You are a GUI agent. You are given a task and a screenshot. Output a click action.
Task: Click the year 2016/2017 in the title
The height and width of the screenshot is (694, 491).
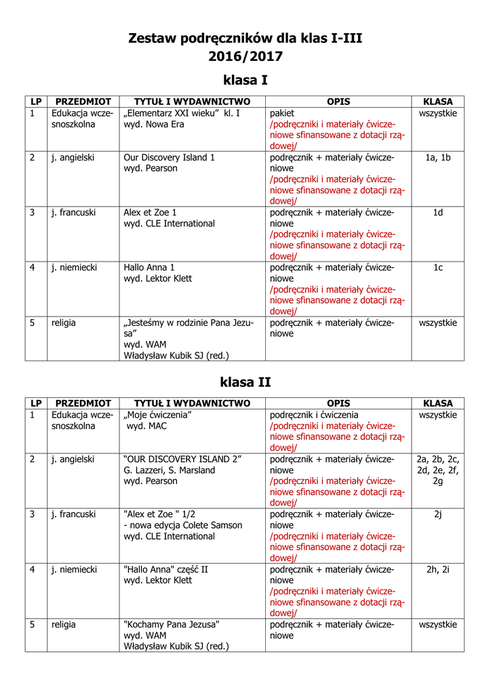click(x=245, y=56)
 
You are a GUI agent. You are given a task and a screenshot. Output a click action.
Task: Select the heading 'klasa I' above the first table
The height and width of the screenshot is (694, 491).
click(x=245, y=81)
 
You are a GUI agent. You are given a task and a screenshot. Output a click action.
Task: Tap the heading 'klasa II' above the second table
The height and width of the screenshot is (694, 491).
click(x=245, y=382)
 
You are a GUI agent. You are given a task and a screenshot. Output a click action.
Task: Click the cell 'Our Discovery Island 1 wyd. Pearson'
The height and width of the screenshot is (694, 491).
click(x=170, y=163)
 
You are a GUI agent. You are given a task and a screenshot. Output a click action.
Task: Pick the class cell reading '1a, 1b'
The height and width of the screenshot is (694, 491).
click(x=438, y=157)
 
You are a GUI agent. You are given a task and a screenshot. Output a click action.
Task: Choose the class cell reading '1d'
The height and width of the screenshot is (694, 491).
click(x=438, y=213)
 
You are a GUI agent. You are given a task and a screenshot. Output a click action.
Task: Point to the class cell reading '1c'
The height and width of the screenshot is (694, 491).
click(x=438, y=268)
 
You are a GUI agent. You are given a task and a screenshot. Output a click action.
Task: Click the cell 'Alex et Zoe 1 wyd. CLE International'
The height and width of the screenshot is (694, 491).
click(x=170, y=218)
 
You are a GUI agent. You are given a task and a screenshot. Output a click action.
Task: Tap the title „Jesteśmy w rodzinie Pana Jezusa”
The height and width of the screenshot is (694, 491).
click(x=189, y=329)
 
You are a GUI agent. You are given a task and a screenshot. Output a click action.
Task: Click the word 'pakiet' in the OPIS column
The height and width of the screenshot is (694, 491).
click(x=282, y=113)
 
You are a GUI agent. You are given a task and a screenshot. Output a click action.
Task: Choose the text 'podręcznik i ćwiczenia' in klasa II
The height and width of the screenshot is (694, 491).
click(x=314, y=415)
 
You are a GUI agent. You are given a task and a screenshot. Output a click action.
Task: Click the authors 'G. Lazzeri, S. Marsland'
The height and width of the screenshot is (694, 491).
click(x=169, y=470)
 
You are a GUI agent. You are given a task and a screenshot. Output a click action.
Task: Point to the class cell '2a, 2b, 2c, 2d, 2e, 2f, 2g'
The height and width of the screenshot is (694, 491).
click(x=438, y=470)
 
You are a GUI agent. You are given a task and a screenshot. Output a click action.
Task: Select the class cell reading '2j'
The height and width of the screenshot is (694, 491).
click(x=438, y=514)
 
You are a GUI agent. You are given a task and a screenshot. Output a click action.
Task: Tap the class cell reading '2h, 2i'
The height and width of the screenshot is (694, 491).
click(x=438, y=569)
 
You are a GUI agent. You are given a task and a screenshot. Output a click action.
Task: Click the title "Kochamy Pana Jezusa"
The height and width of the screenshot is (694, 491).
click(x=172, y=625)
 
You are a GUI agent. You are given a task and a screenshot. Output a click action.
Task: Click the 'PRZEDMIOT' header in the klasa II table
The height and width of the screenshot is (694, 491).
click(x=83, y=403)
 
